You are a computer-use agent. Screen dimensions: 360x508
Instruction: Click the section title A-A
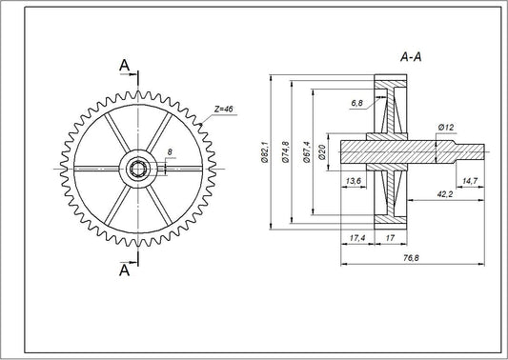pos(413,57)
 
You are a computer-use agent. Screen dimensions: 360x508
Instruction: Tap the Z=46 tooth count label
pos(223,110)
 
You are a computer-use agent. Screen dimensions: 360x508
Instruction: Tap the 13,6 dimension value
pos(352,179)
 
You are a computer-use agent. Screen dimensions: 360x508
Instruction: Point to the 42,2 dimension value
pos(443,195)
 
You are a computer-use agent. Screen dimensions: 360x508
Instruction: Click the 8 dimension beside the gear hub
pos(170,152)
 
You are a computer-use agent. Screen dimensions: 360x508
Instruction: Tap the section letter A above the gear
pos(124,64)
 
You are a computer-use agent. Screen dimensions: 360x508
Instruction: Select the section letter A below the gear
pos(124,270)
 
